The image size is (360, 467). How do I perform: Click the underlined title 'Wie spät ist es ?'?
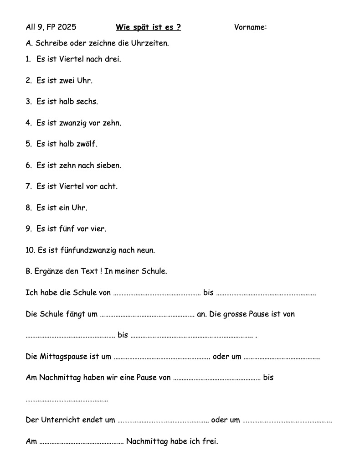(148, 27)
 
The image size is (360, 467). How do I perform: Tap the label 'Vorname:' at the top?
(250, 27)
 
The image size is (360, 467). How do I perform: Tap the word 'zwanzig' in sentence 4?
(72, 123)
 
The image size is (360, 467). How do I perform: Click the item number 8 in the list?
(28, 208)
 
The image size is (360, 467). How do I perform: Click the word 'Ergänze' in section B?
(48, 271)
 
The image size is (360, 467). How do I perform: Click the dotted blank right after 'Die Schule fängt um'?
(147, 315)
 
